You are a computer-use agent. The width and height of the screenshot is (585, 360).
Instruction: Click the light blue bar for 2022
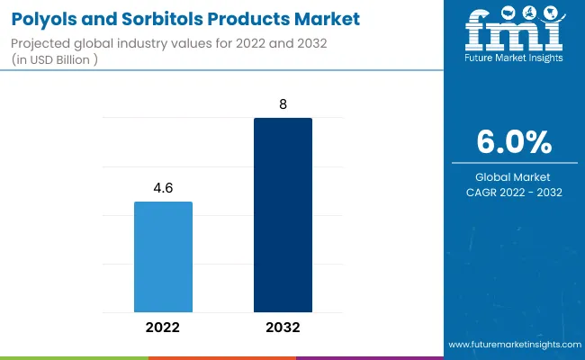coord(163,256)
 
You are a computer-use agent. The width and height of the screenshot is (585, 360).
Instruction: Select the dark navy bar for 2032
coord(283,215)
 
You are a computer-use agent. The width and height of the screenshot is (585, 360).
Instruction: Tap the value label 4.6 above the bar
coord(163,188)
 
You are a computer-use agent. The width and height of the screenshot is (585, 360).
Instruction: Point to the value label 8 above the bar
coord(283,104)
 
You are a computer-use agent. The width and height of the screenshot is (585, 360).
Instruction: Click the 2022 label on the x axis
coord(163,328)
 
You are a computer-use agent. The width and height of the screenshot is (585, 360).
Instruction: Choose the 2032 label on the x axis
coord(283,328)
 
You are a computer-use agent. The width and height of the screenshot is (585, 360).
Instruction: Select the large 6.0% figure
coord(515,143)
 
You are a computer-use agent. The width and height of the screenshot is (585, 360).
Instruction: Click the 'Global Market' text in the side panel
coord(515,177)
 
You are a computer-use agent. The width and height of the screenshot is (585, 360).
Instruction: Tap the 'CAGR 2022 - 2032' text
coord(515,192)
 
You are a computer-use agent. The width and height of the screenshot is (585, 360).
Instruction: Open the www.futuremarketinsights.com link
coord(513,345)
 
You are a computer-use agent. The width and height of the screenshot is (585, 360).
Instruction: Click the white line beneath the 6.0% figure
coord(515,163)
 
